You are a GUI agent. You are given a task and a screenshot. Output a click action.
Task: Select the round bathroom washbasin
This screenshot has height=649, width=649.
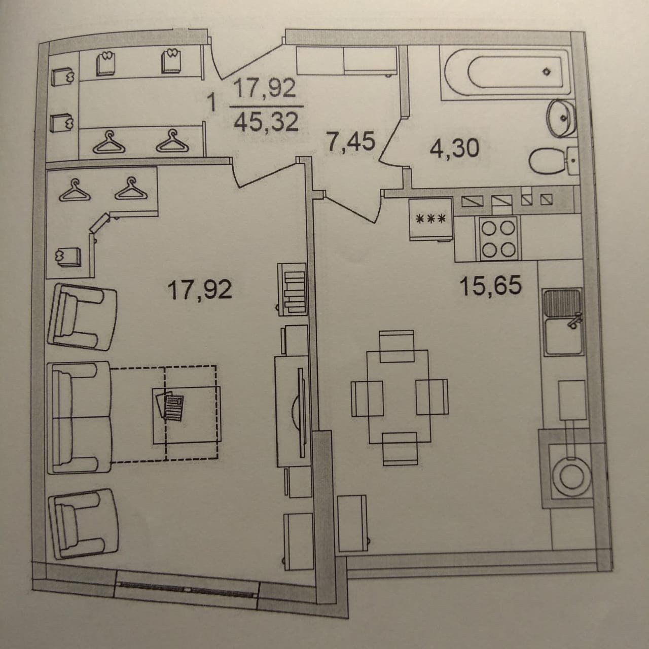coord(560,118)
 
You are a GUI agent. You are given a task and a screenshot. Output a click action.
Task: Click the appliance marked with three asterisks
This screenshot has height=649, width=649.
coord(430,219)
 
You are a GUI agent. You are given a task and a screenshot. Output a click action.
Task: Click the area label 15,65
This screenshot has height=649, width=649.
coord(490,286)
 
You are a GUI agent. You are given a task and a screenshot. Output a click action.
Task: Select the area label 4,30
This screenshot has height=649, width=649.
coord(453,149)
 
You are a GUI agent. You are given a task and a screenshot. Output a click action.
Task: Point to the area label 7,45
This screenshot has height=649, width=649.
coord(351,141)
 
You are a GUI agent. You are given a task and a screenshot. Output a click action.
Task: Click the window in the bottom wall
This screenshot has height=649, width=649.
coord(187,589)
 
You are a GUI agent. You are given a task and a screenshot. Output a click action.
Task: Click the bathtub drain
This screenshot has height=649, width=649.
coord(547,71)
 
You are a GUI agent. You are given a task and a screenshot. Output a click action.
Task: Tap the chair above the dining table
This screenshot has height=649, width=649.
coord(397,346)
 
